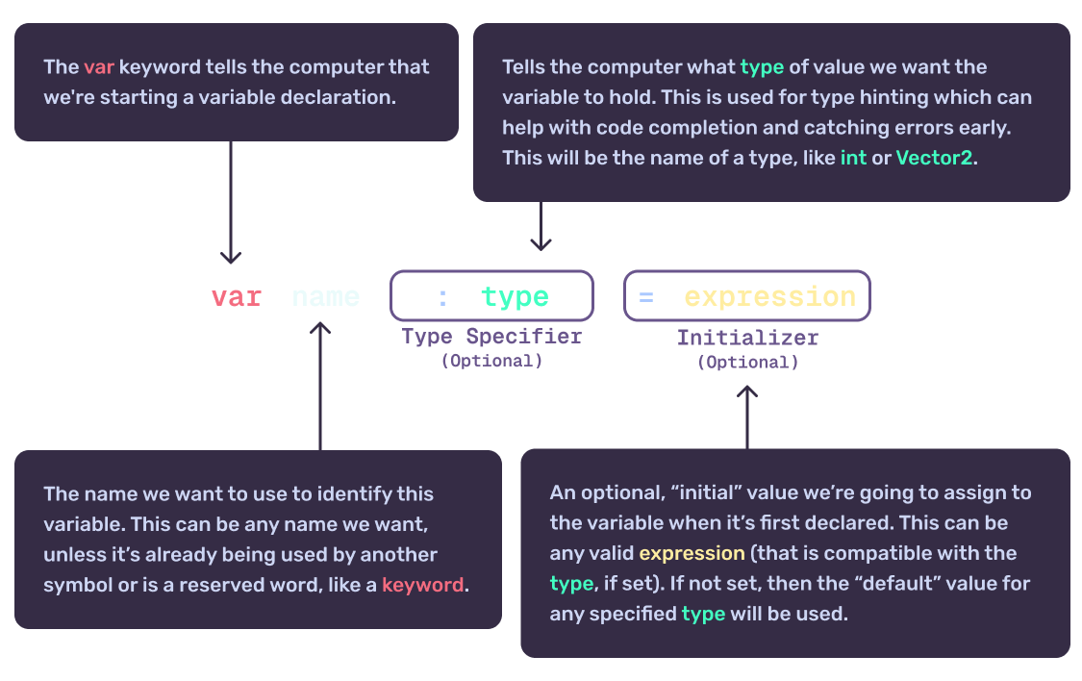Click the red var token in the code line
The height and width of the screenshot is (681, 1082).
pos(237,297)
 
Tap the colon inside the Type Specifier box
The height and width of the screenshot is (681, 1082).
pos(442,297)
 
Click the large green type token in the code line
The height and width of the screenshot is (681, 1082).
pos(515,297)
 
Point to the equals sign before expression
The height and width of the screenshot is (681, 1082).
pos(645,297)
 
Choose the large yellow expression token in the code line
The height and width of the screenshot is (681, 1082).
pos(769,297)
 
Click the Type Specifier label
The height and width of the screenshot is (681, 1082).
pos(491,337)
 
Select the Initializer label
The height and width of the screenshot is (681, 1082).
pos(747,338)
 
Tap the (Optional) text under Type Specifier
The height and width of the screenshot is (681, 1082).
pos(491,361)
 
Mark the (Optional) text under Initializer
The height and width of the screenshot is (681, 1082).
pos(747,363)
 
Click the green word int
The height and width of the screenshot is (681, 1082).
pos(853,158)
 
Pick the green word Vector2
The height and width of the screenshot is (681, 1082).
pos(935,158)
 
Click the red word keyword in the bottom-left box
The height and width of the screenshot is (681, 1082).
pos(422,584)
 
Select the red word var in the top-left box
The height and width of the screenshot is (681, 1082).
pos(99,67)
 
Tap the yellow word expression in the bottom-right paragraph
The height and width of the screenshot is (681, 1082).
pos(692,553)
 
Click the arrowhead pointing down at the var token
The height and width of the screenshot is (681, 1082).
pos(231,257)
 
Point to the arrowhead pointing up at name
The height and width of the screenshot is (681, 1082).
pos(320,329)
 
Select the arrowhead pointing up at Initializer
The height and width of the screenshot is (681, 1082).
pos(747,392)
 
